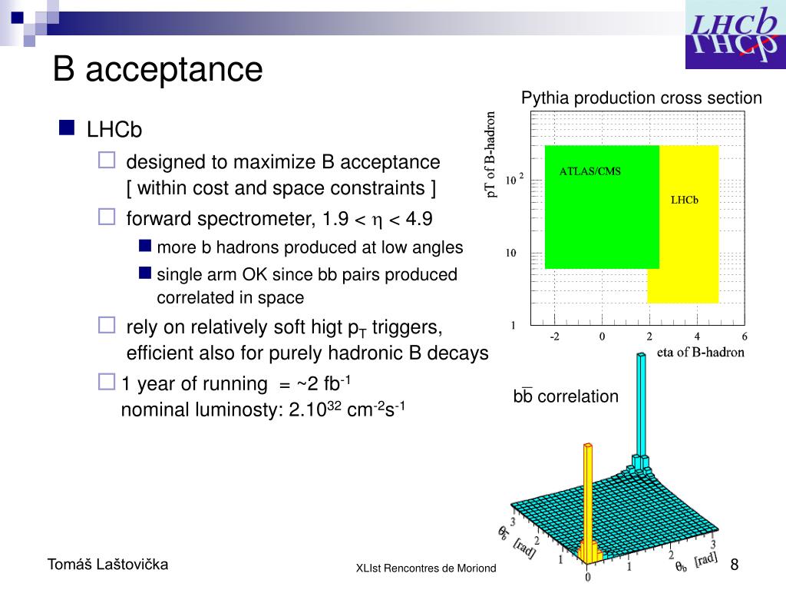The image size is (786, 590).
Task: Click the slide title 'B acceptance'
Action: (x=157, y=70)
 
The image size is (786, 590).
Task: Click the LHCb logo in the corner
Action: (x=734, y=35)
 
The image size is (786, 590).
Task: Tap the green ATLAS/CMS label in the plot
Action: (x=590, y=171)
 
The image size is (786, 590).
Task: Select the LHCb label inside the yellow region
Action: (x=684, y=201)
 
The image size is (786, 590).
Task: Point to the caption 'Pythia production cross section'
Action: (x=642, y=98)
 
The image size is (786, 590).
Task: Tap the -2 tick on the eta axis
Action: (x=555, y=336)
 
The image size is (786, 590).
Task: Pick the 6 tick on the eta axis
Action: (x=744, y=336)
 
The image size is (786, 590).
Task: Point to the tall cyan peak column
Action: (x=639, y=407)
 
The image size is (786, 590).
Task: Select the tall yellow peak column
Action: (x=588, y=492)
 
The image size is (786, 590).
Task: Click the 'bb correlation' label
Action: (x=566, y=396)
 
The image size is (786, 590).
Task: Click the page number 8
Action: (x=734, y=565)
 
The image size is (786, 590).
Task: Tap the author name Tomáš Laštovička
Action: (x=108, y=565)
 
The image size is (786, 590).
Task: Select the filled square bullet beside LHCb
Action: (x=67, y=128)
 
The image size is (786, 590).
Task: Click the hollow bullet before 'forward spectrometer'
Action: (x=106, y=217)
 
